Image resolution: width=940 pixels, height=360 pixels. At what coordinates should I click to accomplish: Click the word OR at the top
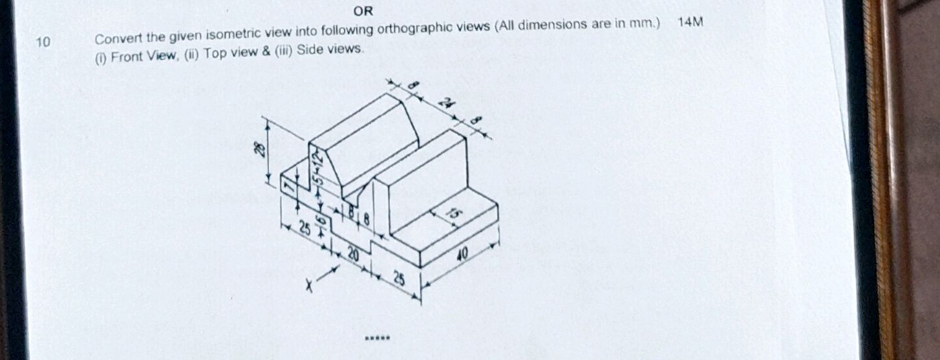coord(363,12)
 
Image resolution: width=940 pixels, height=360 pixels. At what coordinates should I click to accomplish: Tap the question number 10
coord(42,43)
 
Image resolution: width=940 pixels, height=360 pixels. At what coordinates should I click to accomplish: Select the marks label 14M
coord(690,23)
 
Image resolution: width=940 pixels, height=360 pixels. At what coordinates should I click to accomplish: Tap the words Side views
coord(330,50)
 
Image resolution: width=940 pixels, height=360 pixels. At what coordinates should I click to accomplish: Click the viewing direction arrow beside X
coord(328,274)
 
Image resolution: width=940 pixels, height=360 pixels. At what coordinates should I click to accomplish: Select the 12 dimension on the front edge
coord(317,158)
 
